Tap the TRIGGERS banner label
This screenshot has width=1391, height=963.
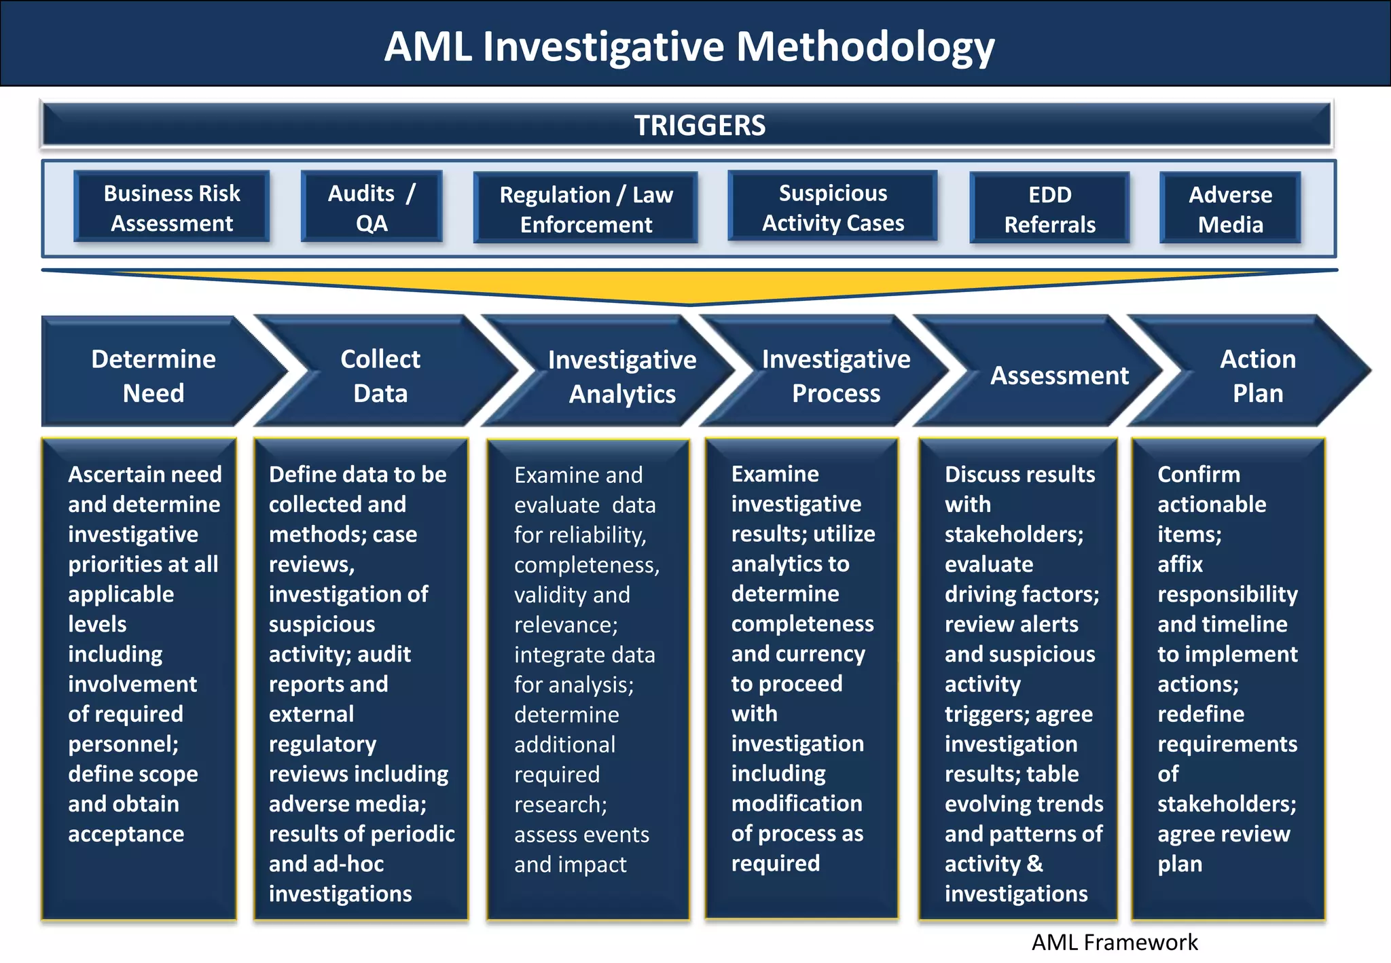click(x=700, y=126)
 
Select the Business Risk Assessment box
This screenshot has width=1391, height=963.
click(x=172, y=208)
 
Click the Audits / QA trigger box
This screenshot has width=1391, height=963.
click(x=372, y=208)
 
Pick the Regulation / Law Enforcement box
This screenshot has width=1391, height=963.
click(x=585, y=209)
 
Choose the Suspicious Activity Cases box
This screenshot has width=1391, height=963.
click(x=833, y=208)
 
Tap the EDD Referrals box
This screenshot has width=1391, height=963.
click(x=1049, y=209)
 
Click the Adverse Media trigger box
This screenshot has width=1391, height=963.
click(x=1230, y=209)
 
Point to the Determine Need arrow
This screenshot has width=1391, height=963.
click(x=153, y=376)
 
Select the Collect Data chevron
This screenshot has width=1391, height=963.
click(x=380, y=376)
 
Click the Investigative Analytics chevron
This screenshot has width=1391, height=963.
click(x=621, y=376)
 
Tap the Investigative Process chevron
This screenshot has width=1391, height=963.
click(x=835, y=376)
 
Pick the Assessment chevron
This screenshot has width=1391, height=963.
click(x=1059, y=376)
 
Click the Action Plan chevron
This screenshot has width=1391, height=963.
click(x=1257, y=376)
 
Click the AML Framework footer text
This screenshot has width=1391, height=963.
click(x=1115, y=942)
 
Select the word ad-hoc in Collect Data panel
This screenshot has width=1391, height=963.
click(x=347, y=864)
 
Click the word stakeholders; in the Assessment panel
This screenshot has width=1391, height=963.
click(x=1013, y=534)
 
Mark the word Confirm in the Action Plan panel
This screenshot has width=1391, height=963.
click(x=1198, y=474)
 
